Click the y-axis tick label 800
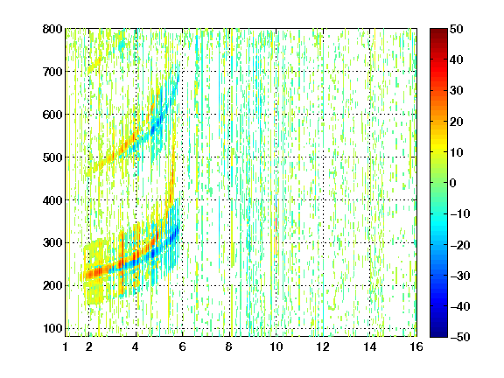click(x=52, y=29)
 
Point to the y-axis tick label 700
click(x=52, y=72)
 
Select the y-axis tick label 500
click(x=52, y=157)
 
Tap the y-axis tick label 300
click(x=52, y=242)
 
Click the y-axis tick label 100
click(x=52, y=328)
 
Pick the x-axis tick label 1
click(x=66, y=346)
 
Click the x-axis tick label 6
click(x=183, y=346)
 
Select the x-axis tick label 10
click(x=276, y=346)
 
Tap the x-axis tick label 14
click(x=370, y=346)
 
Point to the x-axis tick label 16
click(x=416, y=346)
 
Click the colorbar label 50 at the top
click(x=456, y=29)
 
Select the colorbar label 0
click(x=453, y=183)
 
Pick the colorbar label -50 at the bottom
click(x=460, y=337)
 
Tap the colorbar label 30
click(x=456, y=91)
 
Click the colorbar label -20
click(x=460, y=245)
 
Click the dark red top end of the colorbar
click(x=438, y=31)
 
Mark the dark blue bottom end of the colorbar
click(x=438, y=335)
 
